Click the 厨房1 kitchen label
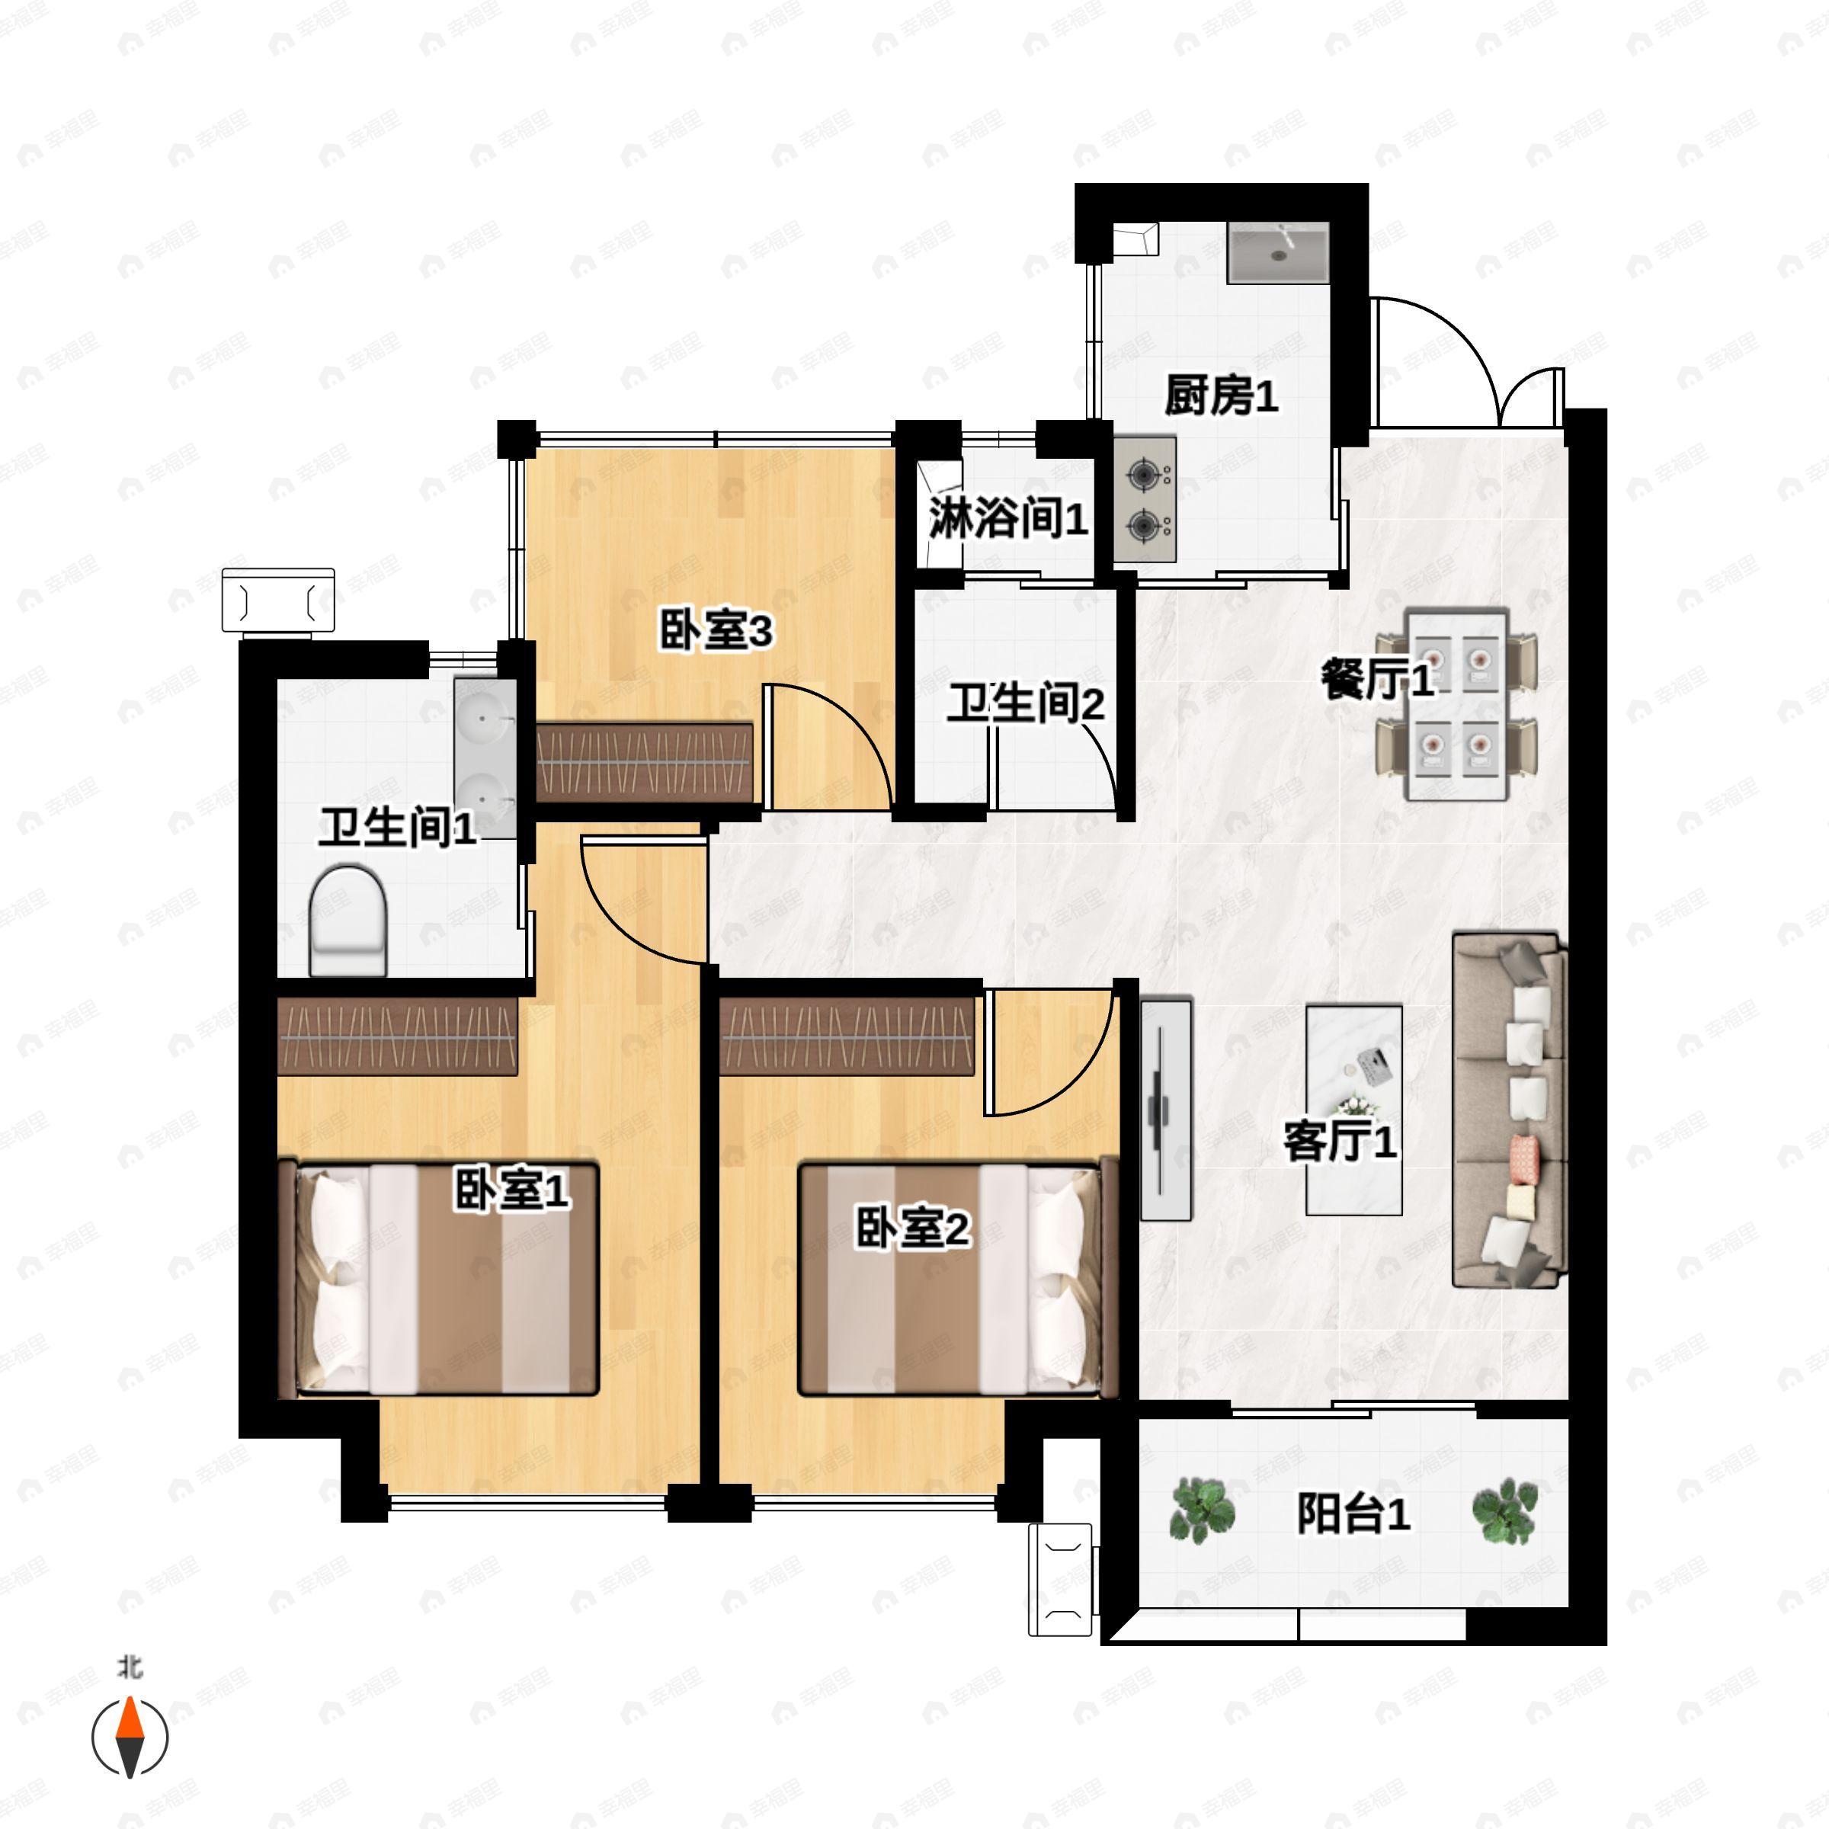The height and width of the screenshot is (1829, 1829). [1221, 396]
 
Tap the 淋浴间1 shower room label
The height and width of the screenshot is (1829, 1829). [1007, 519]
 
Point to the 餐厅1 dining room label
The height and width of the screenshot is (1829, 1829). [1376, 679]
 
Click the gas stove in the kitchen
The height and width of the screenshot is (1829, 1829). [1145, 499]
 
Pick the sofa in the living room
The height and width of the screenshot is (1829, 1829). [1509, 1110]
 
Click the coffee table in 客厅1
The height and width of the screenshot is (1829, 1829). [1353, 1110]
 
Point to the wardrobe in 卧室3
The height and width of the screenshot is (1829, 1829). [645, 763]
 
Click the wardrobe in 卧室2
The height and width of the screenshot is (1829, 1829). [847, 1037]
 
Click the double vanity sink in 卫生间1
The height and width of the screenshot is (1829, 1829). [485, 758]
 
